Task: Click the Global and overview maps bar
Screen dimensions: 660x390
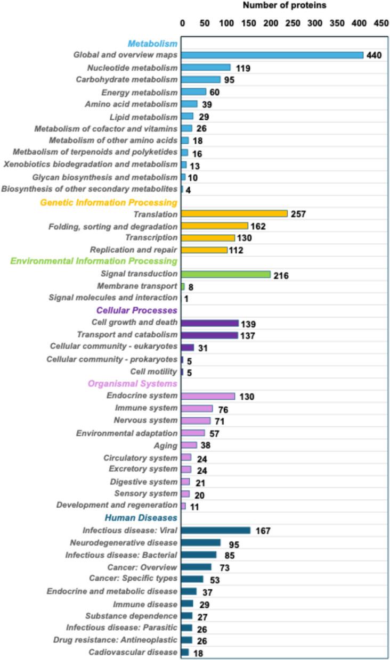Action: [272, 55]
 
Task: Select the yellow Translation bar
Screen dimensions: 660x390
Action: [234, 213]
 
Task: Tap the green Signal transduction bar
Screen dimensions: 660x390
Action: [225, 274]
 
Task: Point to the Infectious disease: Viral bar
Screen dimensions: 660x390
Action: [215, 530]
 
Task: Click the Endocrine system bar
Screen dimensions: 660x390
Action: [208, 396]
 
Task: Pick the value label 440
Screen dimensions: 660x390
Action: [375, 55]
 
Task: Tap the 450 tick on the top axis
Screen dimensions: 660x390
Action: [380, 23]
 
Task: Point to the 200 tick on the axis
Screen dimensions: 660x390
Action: [270, 23]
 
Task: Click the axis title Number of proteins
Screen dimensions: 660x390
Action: [285, 5]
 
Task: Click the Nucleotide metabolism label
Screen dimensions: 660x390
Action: [132, 68]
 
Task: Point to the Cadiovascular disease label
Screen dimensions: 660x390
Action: [133, 652]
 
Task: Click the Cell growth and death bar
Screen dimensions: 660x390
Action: [209, 323]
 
